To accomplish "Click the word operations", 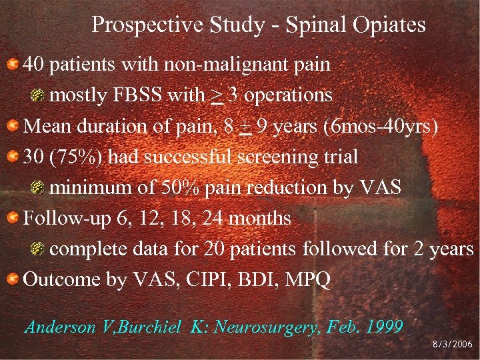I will [x=287, y=95].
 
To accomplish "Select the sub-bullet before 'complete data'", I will [x=40, y=249].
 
